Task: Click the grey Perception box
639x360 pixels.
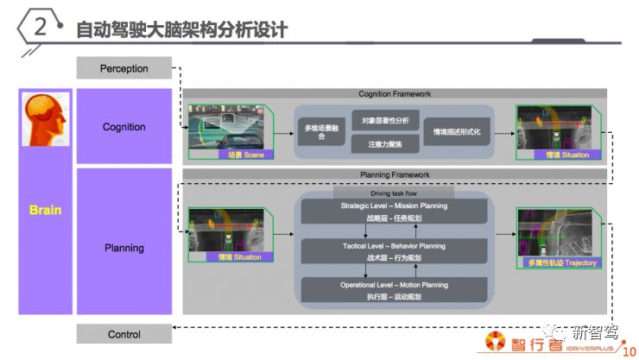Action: point(123,68)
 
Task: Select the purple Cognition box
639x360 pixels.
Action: point(123,127)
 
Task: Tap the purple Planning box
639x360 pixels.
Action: point(123,248)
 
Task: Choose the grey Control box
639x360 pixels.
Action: point(123,334)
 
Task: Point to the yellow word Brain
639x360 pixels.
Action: point(45,210)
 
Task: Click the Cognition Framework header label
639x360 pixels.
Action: point(394,93)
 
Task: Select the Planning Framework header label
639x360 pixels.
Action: point(394,174)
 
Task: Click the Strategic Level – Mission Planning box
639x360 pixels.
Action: point(394,212)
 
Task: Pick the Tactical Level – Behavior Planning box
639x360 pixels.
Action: point(394,251)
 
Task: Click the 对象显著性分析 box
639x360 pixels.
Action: point(385,119)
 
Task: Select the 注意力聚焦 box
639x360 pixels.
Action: point(385,143)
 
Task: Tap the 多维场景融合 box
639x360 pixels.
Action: point(321,131)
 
